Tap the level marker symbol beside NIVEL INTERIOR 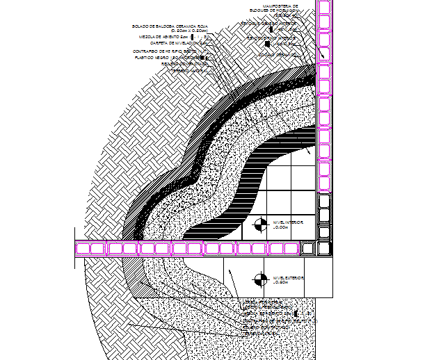(x=259, y=224)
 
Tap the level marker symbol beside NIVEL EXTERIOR (x=259, y=279)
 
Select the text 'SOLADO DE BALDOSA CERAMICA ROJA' (x=169, y=26)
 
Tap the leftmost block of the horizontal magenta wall (x=81, y=247)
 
